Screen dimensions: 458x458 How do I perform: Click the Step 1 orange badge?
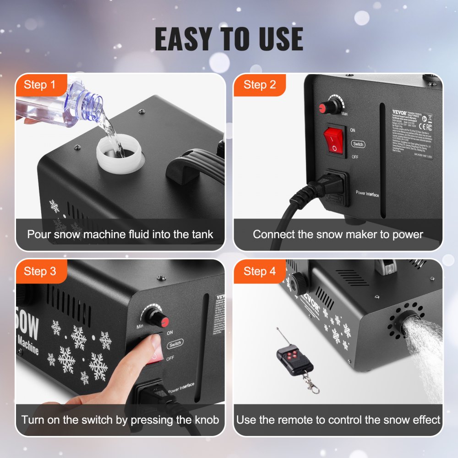click(39, 85)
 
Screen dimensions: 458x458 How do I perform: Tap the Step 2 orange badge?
click(259, 85)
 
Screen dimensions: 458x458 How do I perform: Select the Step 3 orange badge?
click(39, 271)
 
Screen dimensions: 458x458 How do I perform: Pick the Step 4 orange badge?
click(259, 271)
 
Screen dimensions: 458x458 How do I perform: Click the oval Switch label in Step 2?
click(359, 144)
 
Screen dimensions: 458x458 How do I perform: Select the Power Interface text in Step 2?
click(367, 194)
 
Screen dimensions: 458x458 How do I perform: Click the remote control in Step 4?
click(294, 359)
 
